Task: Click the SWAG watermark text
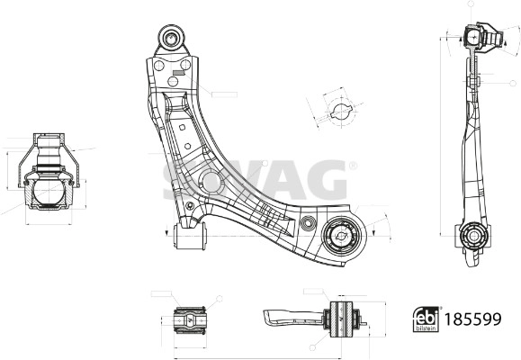255,180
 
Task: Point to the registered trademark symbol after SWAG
352,166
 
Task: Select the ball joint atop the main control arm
171,37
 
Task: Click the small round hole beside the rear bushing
307,222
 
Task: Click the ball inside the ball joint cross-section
48,191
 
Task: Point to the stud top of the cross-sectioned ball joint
49,144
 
